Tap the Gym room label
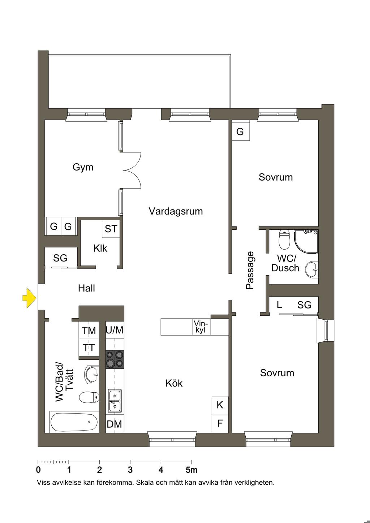83,167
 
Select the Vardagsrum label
176,211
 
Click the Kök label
174,383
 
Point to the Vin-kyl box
201,327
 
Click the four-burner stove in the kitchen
115,359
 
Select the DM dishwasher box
115,424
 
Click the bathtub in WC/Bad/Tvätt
74,422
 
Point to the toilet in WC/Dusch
285,239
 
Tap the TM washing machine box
89,330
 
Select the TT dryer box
89,348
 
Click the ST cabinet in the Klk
111,229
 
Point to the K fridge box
220,405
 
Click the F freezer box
220,423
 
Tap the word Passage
250,270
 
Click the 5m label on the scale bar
192,470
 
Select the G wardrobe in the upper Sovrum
240,132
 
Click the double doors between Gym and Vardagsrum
132,170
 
